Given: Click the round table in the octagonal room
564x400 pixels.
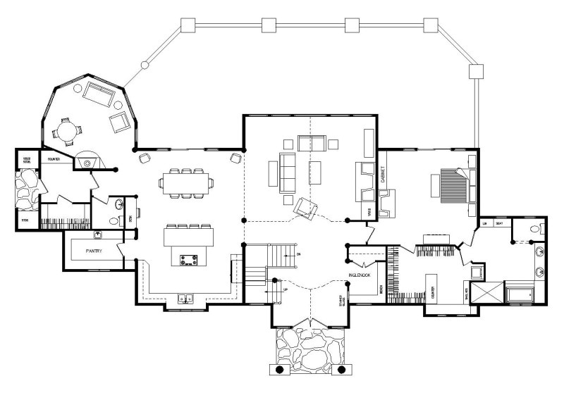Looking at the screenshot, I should pyautogui.click(x=66, y=130).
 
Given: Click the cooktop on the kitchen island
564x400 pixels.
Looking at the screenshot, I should pyautogui.click(x=188, y=260).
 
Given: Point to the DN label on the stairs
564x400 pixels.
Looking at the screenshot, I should pyautogui.click(x=298, y=254).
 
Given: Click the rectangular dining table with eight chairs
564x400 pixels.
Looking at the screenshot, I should pyautogui.click(x=186, y=183).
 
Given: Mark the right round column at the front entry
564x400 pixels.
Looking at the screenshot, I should pyautogui.click(x=342, y=369).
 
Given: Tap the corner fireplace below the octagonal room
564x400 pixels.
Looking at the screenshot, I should pyautogui.click(x=87, y=162).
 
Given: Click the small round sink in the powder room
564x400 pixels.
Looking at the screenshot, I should pyautogui.click(x=119, y=206).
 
